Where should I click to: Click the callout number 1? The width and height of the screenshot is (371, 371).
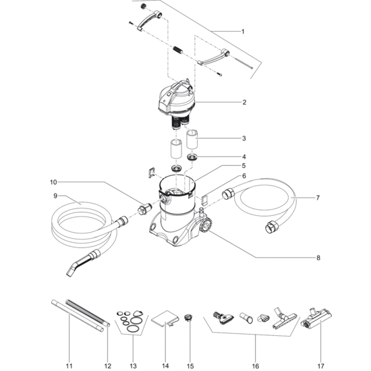[243, 32]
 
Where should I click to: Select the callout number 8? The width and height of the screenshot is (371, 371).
[318, 258]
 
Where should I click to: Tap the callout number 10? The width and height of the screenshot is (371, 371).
[53, 182]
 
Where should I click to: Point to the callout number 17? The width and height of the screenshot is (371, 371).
[320, 366]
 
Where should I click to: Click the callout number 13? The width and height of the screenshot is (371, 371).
[133, 366]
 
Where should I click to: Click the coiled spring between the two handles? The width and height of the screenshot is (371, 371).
[177, 50]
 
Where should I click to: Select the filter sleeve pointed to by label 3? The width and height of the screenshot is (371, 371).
[192, 140]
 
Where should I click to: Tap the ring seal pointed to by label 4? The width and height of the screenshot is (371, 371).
[192, 157]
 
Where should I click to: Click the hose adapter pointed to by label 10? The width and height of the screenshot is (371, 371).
[145, 209]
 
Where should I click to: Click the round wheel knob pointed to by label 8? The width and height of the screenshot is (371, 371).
[205, 225]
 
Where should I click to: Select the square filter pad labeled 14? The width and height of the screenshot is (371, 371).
[165, 318]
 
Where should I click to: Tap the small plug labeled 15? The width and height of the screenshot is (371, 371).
[189, 317]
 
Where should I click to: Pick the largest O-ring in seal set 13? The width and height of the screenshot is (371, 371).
[132, 328]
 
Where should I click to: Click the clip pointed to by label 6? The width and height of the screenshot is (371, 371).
[204, 199]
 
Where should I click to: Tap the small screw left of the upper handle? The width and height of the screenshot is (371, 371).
[131, 23]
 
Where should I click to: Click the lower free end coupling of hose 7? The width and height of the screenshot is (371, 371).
[270, 227]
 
